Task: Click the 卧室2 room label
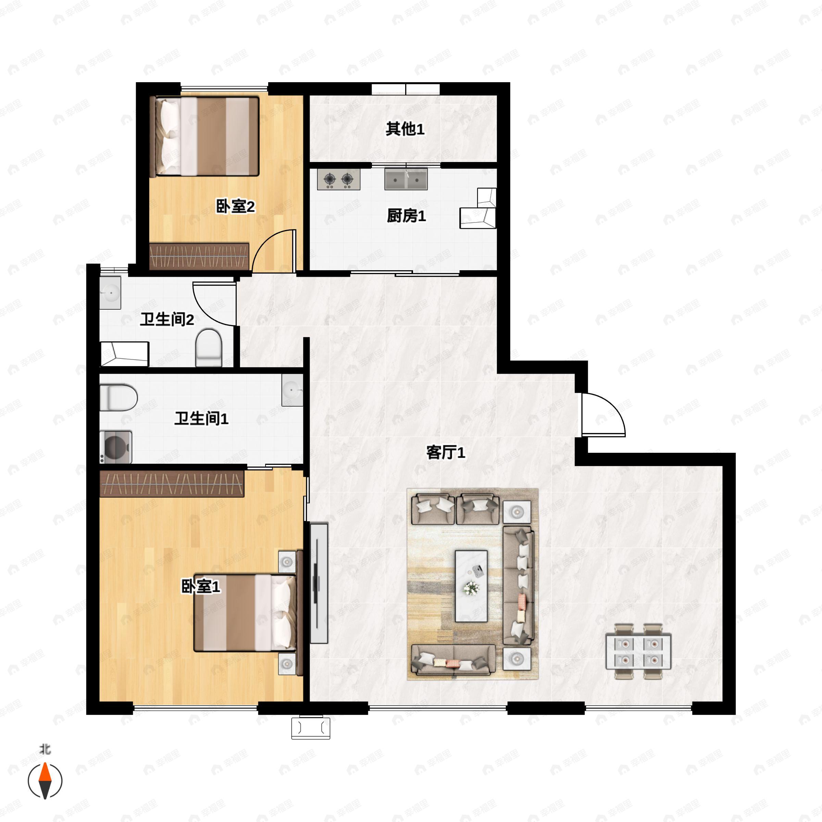235,207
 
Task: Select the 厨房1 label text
406,216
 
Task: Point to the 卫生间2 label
167,320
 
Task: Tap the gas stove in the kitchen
339,179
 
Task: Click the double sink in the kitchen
406,179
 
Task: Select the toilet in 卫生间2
209,348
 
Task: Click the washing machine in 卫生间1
116,447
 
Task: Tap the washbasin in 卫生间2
111,293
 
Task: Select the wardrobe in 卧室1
172,483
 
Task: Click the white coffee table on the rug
471,586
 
